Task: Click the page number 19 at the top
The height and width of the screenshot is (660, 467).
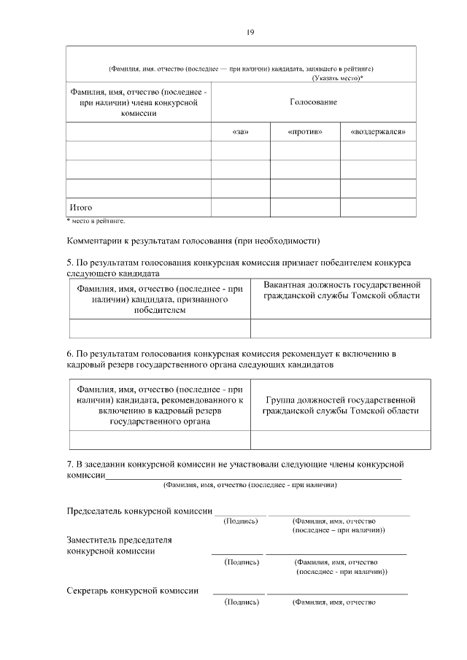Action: [250, 32]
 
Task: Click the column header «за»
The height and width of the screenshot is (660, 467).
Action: [240, 132]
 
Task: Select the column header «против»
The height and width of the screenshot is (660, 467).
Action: [305, 132]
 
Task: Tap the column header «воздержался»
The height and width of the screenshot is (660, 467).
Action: [378, 132]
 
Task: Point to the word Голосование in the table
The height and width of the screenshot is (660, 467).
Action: [313, 103]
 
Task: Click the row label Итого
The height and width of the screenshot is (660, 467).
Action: [80, 208]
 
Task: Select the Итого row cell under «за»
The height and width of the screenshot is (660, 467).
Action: [240, 208]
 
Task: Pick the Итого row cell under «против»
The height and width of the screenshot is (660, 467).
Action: [305, 208]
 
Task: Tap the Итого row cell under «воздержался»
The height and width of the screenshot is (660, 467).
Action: [378, 208]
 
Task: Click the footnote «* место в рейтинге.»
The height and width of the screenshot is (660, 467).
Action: [96, 220]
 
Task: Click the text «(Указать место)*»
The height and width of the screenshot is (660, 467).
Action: [338, 77]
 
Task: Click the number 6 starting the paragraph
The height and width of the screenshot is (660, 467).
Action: [69, 354]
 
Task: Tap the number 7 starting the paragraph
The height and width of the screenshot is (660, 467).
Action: [69, 464]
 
